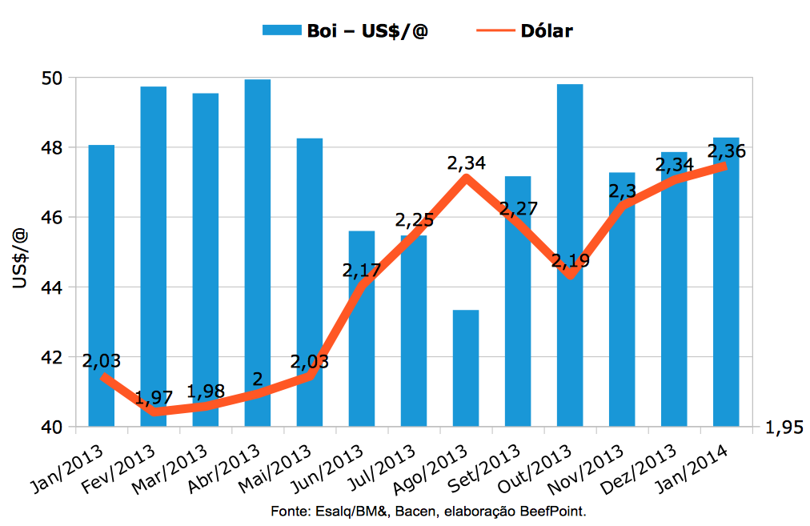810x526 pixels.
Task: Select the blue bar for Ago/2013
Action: tap(466, 367)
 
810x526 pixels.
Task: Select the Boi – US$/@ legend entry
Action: tap(345, 31)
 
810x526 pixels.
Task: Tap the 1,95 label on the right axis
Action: tap(784, 428)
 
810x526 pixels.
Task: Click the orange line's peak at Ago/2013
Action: tap(466, 177)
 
